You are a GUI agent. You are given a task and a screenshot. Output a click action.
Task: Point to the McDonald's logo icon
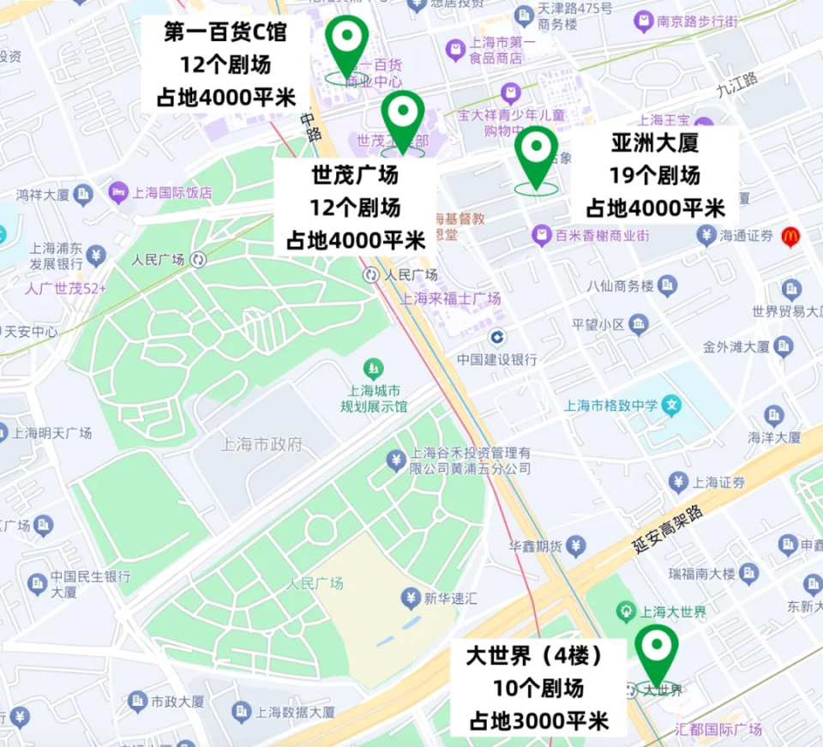click(x=790, y=237)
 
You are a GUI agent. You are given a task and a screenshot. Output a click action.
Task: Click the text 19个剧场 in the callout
click(x=655, y=176)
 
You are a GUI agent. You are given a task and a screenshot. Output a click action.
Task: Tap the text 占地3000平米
click(x=538, y=720)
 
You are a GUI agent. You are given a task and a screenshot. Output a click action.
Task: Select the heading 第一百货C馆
click(x=225, y=33)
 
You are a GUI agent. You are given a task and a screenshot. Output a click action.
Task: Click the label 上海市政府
click(x=261, y=443)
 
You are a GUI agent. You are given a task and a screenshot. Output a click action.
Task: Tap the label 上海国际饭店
click(x=171, y=193)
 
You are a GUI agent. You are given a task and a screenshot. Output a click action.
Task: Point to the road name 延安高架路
click(x=669, y=530)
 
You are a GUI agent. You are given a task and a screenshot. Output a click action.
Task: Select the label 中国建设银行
click(x=497, y=359)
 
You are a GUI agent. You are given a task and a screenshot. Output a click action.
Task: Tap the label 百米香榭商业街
click(x=597, y=234)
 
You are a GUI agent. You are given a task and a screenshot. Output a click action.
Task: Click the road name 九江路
click(x=738, y=83)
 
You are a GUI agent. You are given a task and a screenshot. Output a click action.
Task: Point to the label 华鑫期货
click(x=536, y=545)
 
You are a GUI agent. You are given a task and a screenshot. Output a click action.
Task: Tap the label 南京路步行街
click(x=698, y=21)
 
